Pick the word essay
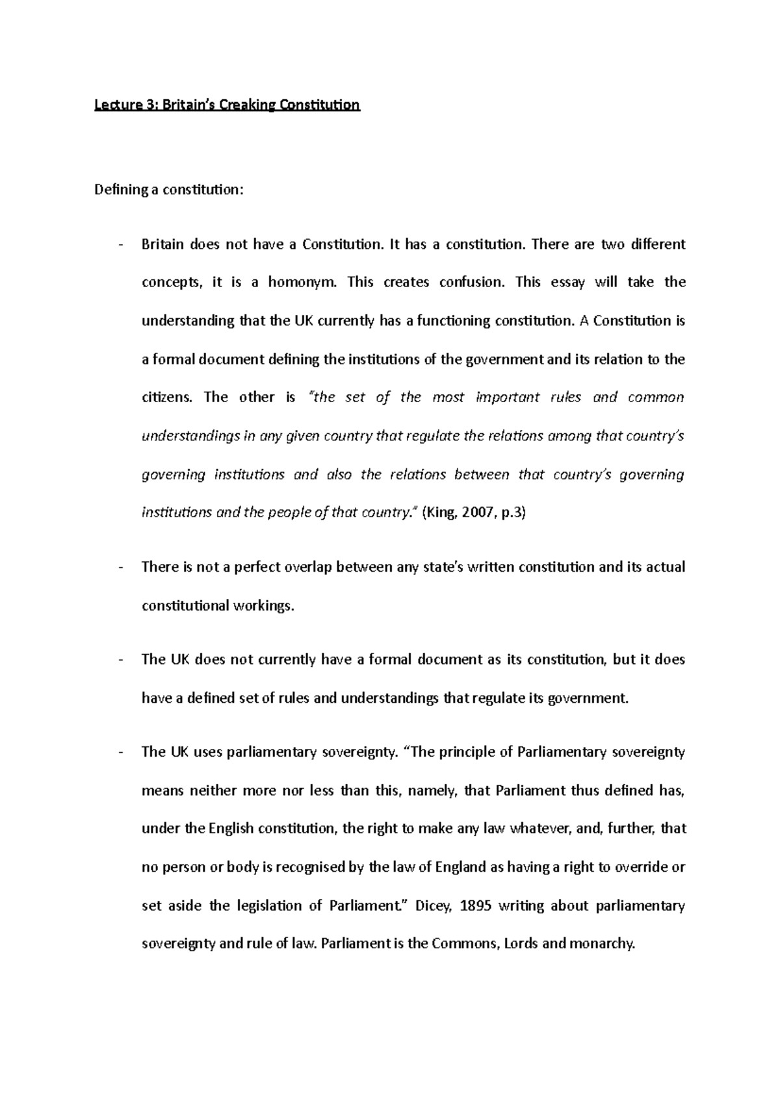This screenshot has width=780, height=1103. point(567,283)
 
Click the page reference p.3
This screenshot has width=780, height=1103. point(513,513)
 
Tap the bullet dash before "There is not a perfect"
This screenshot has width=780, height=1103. point(122,568)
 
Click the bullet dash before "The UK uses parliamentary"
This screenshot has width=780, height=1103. point(122,753)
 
